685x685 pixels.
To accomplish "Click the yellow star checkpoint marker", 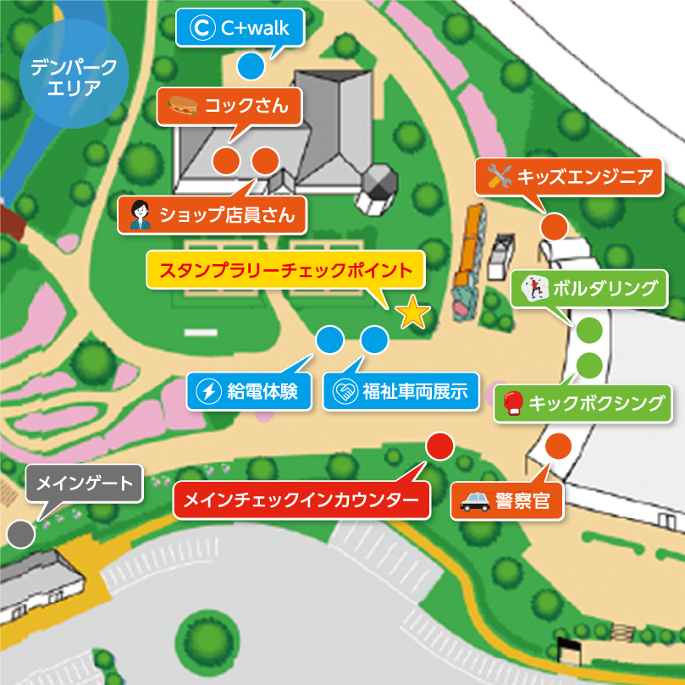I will click(x=412, y=313).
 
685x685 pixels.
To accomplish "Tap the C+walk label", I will click(x=240, y=29).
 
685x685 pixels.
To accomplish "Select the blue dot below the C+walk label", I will click(x=250, y=64).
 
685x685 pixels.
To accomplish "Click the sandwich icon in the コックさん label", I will click(x=182, y=106).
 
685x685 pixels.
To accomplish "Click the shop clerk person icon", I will click(x=140, y=215).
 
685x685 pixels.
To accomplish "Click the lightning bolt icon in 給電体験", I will click(x=208, y=391).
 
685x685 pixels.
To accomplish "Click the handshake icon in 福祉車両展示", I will click(x=345, y=392).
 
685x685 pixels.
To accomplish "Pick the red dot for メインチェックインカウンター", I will click(x=440, y=445).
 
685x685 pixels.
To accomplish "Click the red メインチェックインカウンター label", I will click(x=301, y=500).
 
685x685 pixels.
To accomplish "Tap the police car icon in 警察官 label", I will click(x=475, y=501).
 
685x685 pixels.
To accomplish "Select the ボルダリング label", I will click(x=590, y=289).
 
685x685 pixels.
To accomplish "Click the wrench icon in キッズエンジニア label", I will click(x=498, y=177).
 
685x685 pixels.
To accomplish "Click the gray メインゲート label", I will click(x=81, y=483).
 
